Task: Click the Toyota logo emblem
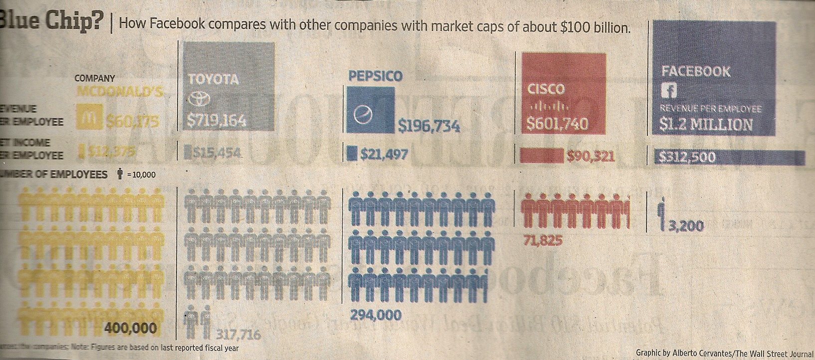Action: [x=200, y=99]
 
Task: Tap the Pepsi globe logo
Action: [x=363, y=116]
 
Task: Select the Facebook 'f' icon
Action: [x=668, y=91]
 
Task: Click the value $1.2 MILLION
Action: [x=706, y=124]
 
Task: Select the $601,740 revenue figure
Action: [x=558, y=123]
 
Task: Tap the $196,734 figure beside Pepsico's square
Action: [x=428, y=127]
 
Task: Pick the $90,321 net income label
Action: [x=590, y=157]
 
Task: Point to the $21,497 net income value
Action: [x=384, y=154]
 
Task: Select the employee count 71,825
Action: [x=543, y=241]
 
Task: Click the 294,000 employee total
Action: [x=376, y=315]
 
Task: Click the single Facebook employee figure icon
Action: [x=662, y=213]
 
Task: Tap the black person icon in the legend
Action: [x=120, y=174]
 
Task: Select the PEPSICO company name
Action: [x=375, y=76]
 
